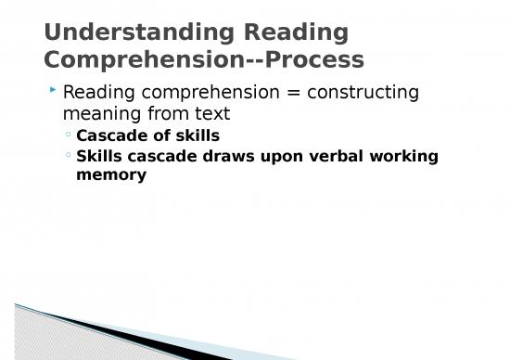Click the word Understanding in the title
(x=138, y=32)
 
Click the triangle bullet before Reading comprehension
(x=54, y=91)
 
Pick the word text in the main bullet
(x=211, y=114)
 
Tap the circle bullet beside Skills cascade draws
(x=69, y=156)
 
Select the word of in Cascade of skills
(x=159, y=136)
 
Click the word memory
(x=111, y=174)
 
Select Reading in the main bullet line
(x=96, y=93)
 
